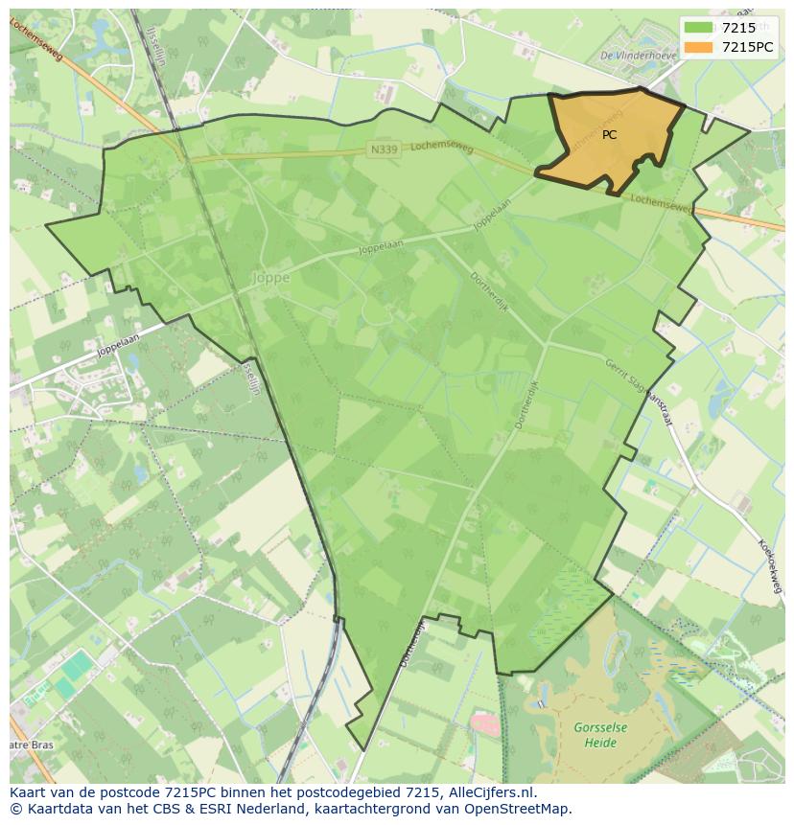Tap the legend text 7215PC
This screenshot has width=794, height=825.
747,47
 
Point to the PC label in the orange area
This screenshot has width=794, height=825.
610,135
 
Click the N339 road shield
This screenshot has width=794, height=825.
384,149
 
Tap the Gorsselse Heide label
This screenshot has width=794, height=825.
600,735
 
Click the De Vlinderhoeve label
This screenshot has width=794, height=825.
638,56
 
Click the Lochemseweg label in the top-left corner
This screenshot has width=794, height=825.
37,40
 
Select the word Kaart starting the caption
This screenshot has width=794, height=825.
29,792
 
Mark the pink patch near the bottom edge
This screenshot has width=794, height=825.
486,723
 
